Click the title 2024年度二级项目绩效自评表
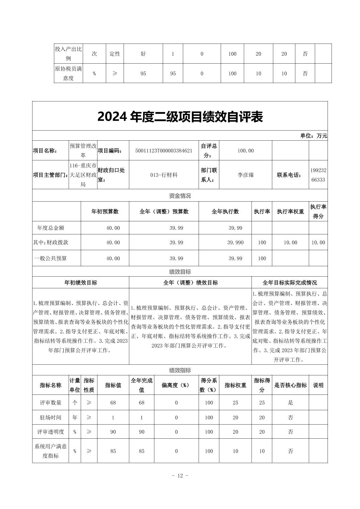(x=180, y=117)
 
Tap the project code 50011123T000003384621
(x=163, y=151)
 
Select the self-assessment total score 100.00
(x=245, y=151)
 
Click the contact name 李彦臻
(x=245, y=175)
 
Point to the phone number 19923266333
(x=318, y=175)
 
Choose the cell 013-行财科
(x=163, y=175)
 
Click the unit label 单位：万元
(x=313, y=136)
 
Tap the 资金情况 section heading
(x=180, y=196)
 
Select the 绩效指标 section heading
(x=180, y=370)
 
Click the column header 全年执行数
(x=225, y=212)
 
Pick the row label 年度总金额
(x=51, y=228)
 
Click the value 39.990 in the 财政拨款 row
(x=235, y=242)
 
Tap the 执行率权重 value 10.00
(x=290, y=242)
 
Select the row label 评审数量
(x=51, y=403)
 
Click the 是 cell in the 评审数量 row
(x=290, y=403)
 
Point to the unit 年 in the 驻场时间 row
(x=75, y=418)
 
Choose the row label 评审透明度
(x=51, y=432)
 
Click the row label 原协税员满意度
(x=68, y=73)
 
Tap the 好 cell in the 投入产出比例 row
(x=143, y=54)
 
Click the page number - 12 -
(x=180, y=476)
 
